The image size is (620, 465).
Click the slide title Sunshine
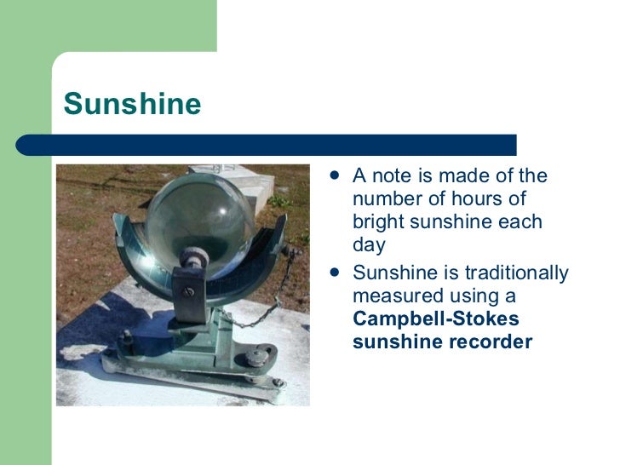click(132, 104)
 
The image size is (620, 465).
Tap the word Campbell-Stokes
click(435, 319)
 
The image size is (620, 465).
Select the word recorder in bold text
click(491, 342)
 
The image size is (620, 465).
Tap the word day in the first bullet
click(369, 245)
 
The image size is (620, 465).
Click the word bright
click(376, 222)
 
